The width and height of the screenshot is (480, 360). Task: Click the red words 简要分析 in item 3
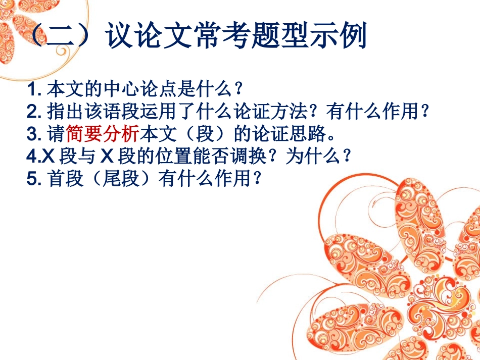(x=103, y=134)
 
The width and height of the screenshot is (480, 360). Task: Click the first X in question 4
(x=49, y=157)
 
